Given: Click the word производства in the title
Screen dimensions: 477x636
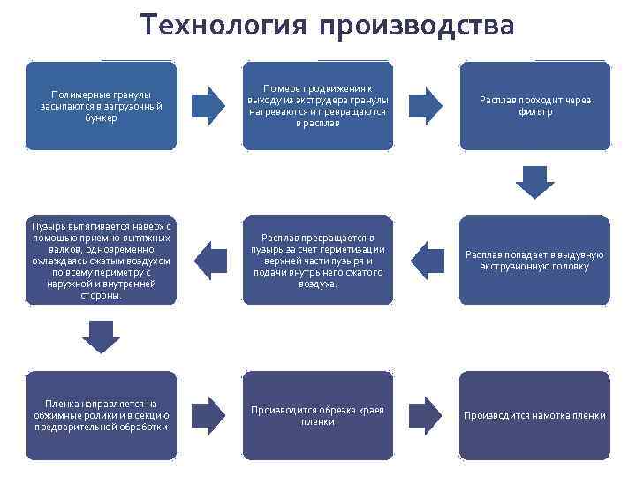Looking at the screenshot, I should coord(417,25).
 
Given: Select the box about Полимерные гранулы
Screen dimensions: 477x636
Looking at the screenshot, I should coord(101,106).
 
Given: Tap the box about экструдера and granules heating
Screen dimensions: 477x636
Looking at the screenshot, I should coord(318,106).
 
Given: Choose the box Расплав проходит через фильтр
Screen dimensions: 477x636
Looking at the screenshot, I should coord(534,106).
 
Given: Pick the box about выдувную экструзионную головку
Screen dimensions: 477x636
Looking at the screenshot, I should coord(534,261).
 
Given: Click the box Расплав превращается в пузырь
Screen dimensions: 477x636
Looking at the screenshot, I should coord(318,261).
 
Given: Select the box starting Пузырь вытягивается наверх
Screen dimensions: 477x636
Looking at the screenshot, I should coord(101,261).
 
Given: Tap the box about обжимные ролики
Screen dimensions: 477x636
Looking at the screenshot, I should coord(101,415).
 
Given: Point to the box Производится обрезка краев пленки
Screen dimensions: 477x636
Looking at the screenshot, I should coord(318,415).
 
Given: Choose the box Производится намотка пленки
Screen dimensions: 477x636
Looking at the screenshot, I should coord(534,415).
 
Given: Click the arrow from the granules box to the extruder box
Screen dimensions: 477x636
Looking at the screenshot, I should coord(208,103).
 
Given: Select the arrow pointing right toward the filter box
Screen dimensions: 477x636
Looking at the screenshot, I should coord(427,103).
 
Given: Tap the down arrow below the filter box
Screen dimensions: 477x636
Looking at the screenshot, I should coord(534,183).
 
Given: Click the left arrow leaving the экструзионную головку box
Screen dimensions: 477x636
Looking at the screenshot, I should coord(427,258).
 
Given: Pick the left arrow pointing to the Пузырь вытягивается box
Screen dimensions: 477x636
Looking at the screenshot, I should coord(208,258).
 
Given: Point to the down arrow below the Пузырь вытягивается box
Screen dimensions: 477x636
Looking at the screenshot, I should coord(100,337).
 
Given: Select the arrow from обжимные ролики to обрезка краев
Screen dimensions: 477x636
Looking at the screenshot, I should coord(208,413).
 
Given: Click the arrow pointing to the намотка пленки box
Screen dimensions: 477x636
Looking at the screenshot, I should coord(427,413).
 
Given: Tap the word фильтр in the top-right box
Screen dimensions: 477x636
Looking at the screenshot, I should coord(535,112).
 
